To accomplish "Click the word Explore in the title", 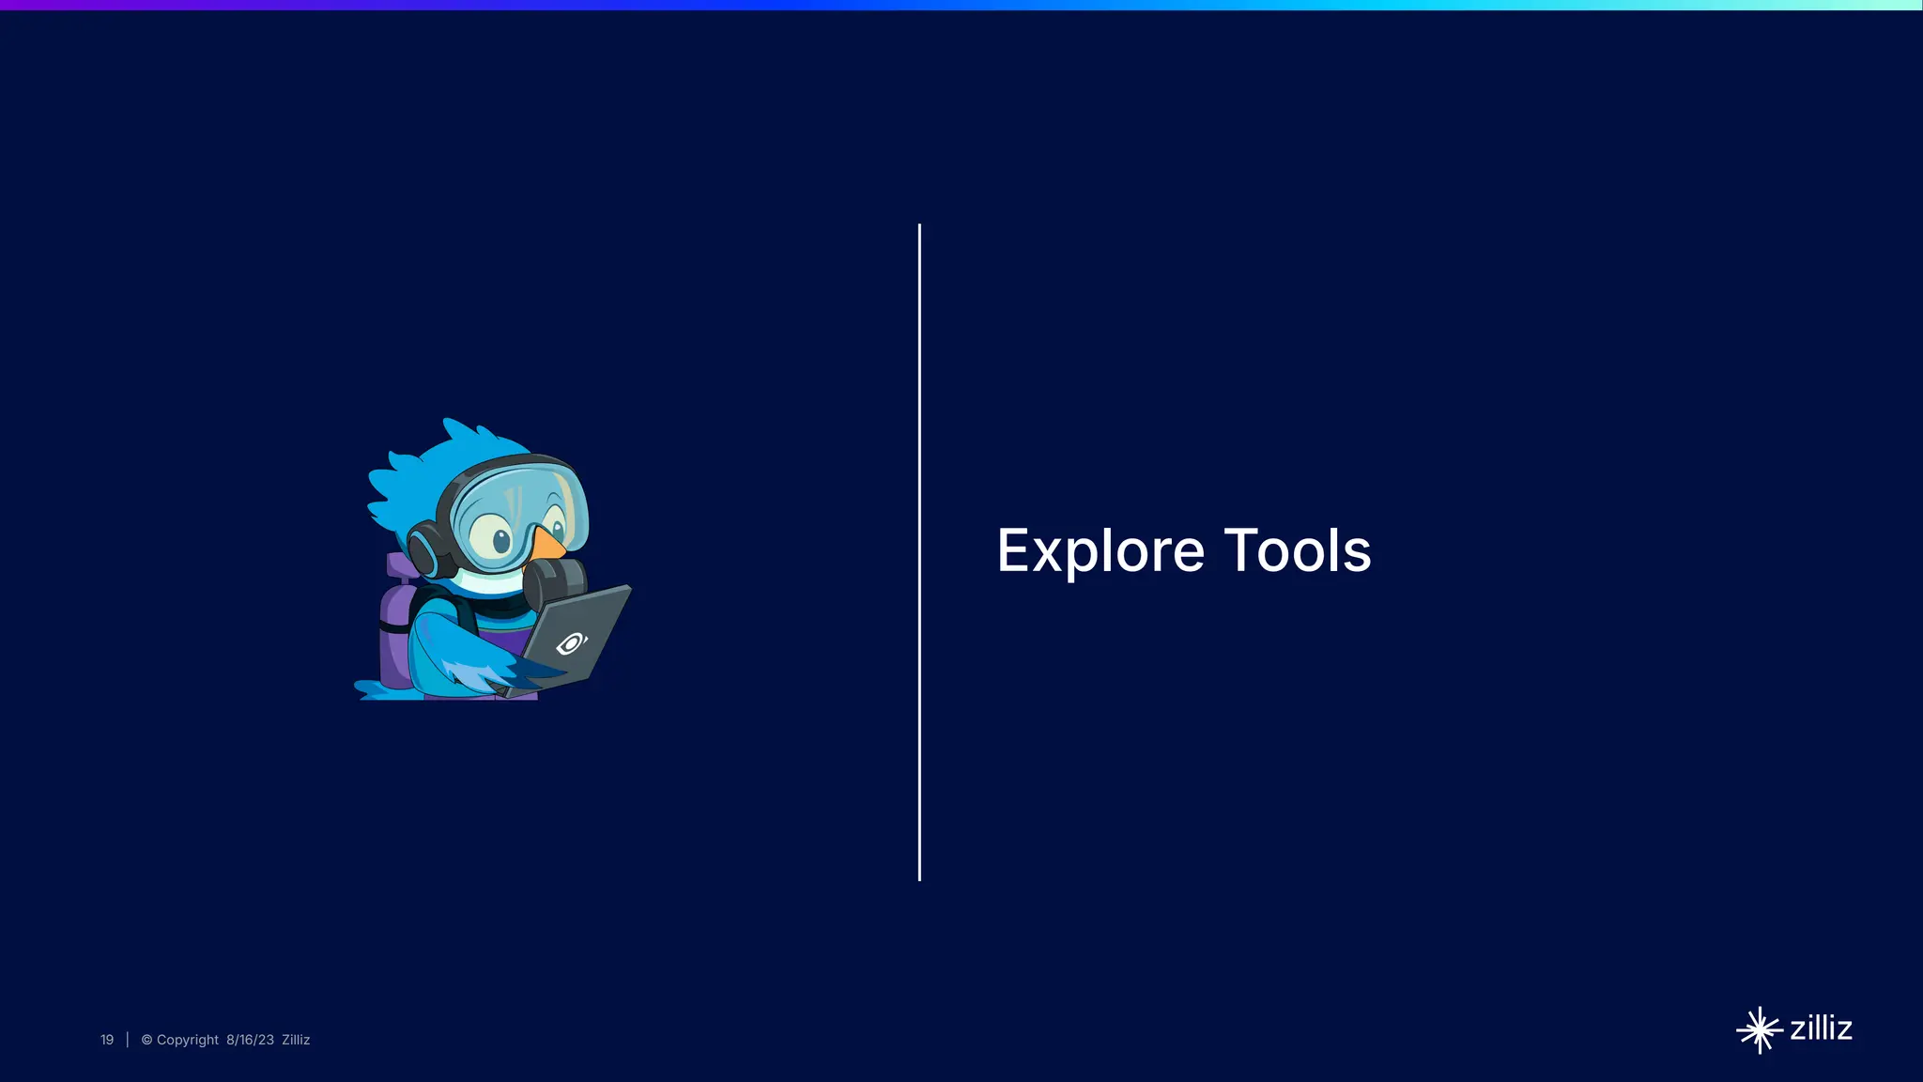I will point(1100,550).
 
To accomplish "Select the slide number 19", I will point(107,1040).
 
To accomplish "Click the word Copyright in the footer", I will point(187,1040).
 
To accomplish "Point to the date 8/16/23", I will point(250,1040).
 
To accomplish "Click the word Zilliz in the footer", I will point(296,1040).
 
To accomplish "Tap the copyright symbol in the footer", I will point(146,1040).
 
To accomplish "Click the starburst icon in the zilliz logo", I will point(1759,1030).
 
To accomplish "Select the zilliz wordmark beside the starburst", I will point(1821,1028).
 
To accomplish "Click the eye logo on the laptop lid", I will point(571,643).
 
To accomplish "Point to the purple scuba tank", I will point(395,629).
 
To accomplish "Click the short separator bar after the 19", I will point(128,1040).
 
